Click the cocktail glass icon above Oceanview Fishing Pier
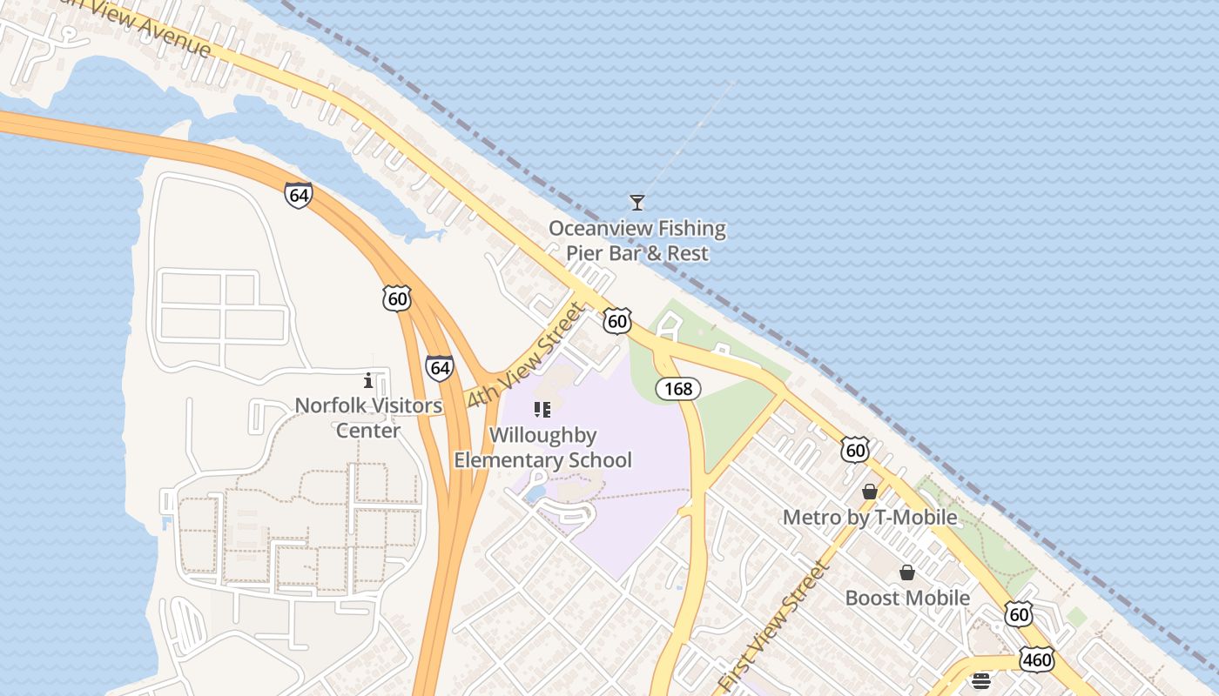tap(637, 203)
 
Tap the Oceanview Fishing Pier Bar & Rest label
tap(637, 241)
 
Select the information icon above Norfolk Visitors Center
tap(368, 380)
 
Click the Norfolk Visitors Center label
tap(368, 418)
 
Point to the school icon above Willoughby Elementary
tap(542, 409)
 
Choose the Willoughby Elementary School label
tap(542, 447)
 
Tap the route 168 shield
tap(678, 389)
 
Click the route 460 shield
tap(1037, 659)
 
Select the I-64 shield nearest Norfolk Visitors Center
tap(440, 368)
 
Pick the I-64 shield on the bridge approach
tap(298, 195)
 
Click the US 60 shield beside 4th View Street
tap(617, 321)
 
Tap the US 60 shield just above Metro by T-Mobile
tap(856, 450)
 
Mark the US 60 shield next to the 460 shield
tap(1019, 614)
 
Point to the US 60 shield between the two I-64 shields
tap(397, 299)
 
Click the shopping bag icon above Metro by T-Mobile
tap(869, 492)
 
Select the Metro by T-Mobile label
tap(870, 518)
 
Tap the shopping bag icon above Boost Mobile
tap(907, 572)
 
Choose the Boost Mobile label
tap(907, 598)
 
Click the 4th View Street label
tap(524, 355)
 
